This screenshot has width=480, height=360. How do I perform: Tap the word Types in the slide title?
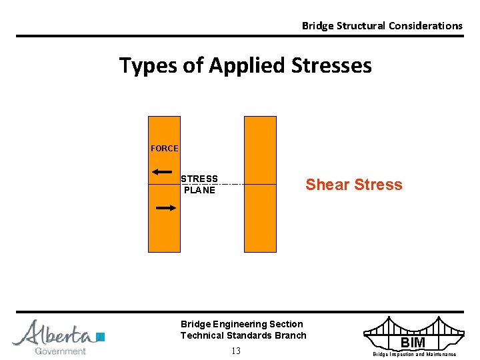(x=141, y=65)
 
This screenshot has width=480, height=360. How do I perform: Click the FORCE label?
(x=164, y=149)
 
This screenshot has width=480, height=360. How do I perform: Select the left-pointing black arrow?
(x=162, y=172)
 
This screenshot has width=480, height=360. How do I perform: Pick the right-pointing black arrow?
(x=165, y=208)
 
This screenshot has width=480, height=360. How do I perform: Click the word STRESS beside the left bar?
(x=199, y=179)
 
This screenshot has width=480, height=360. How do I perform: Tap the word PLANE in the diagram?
(x=199, y=190)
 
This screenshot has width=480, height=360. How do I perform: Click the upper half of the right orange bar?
(x=260, y=150)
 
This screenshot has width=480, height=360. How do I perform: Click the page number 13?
(x=236, y=351)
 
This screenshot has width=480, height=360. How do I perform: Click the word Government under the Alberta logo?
(x=60, y=351)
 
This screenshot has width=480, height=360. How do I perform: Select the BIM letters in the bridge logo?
(x=413, y=343)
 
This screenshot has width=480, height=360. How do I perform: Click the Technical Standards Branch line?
(x=243, y=335)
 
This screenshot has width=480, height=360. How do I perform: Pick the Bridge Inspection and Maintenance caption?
(x=414, y=355)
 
